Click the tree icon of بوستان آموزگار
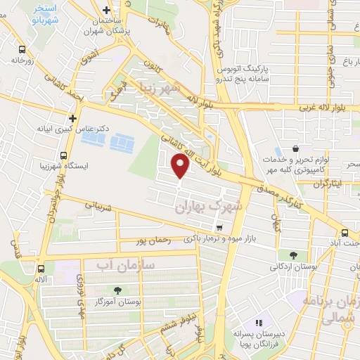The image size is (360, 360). [117, 290]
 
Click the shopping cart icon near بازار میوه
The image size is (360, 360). [220, 228]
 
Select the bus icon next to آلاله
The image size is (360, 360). [41, 268]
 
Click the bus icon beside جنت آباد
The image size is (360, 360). [345, 233]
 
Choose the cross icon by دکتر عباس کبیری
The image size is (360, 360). [72, 118]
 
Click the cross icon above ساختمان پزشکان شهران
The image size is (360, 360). [106, 11]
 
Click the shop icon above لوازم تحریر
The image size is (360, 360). [295, 149]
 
